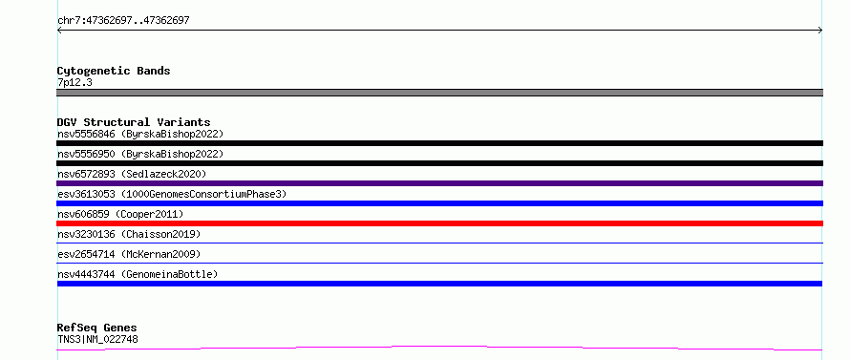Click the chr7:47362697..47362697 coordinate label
pyautogui.click(x=123, y=21)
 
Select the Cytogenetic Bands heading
pyautogui.click(x=114, y=71)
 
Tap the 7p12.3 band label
pyautogui.click(x=74, y=82)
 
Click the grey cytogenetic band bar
pyautogui.click(x=439, y=93)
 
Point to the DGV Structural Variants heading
pyautogui.click(x=134, y=122)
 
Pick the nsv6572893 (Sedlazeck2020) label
pyautogui.click(x=132, y=174)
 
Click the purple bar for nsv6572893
pyautogui.click(x=439, y=183)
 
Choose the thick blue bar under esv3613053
pyautogui.click(x=439, y=203)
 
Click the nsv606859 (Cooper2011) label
pyautogui.click(x=120, y=214)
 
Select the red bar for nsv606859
pyautogui.click(x=439, y=223)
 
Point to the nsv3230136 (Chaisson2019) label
pyautogui.click(x=129, y=234)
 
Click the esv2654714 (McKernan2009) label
pyautogui.click(x=129, y=254)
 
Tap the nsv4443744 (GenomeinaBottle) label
pyautogui.click(x=138, y=274)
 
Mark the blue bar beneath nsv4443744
pyautogui.click(x=439, y=284)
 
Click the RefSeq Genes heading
pyautogui.click(x=97, y=328)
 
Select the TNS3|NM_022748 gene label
pyautogui.click(x=97, y=340)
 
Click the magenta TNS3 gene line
pyautogui.click(x=439, y=347)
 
